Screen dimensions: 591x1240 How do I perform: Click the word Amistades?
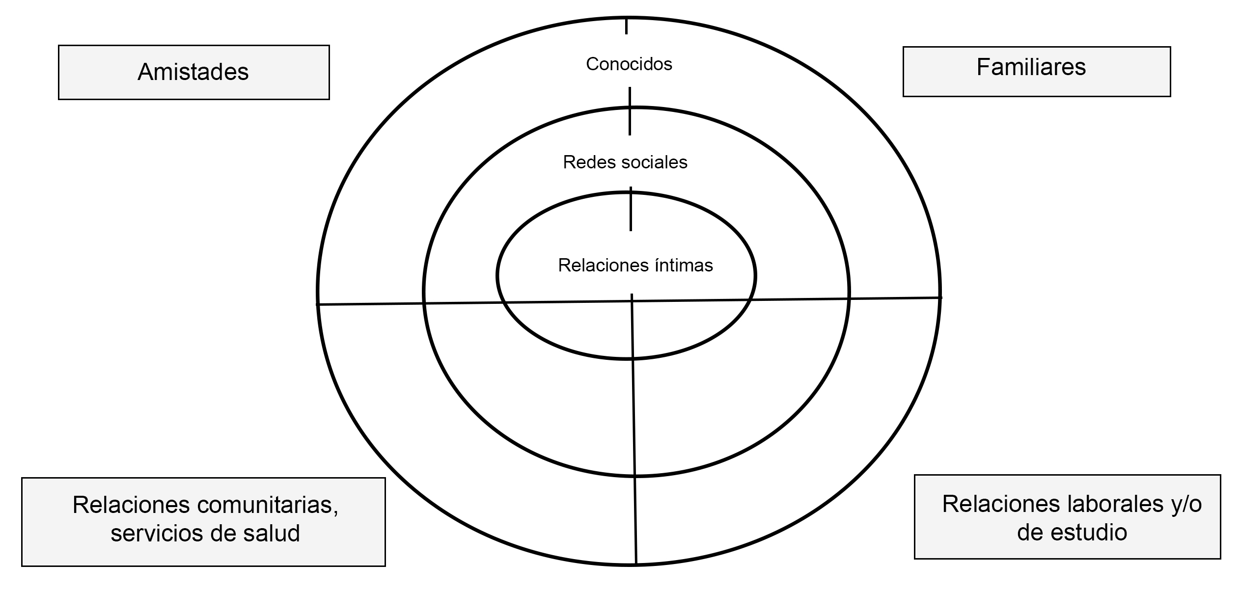[193, 72]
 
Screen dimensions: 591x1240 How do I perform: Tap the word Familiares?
[1031, 68]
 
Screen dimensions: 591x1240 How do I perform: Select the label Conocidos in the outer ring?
[629, 64]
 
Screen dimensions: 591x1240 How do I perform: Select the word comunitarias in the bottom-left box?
[268, 505]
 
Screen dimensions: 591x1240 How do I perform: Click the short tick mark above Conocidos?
[626, 26]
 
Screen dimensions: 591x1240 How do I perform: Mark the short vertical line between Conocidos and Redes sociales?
[630, 111]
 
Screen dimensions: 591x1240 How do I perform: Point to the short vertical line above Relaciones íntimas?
[631, 209]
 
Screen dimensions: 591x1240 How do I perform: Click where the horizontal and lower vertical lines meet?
[632, 301]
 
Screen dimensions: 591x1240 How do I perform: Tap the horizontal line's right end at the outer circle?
[940, 297]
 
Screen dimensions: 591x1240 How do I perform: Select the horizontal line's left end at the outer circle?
[318, 304]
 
